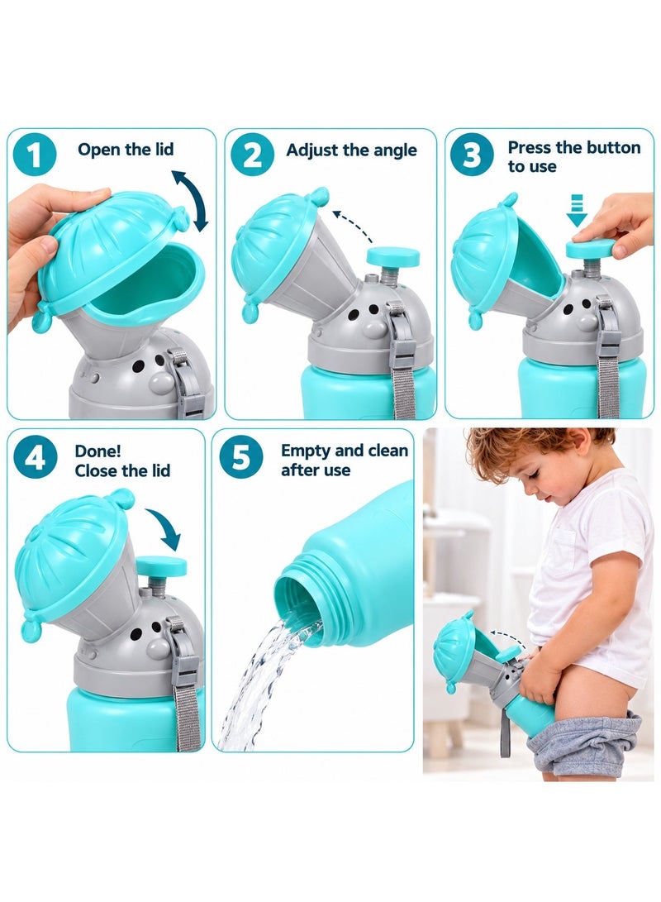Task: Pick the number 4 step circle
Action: pyautogui.click(x=35, y=458)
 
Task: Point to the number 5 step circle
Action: pyautogui.click(x=240, y=458)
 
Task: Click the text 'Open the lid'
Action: pyautogui.click(x=126, y=150)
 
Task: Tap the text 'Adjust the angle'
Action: pyautogui.click(x=351, y=150)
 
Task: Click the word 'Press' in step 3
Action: pyautogui.click(x=529, y=148)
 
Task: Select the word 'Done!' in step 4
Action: pyautogui.click(x=97, y=451)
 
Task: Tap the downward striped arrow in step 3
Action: pyautogui.click(x=577, y=211)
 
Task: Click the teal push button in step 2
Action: pyautogui.click(x=393, y=256)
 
